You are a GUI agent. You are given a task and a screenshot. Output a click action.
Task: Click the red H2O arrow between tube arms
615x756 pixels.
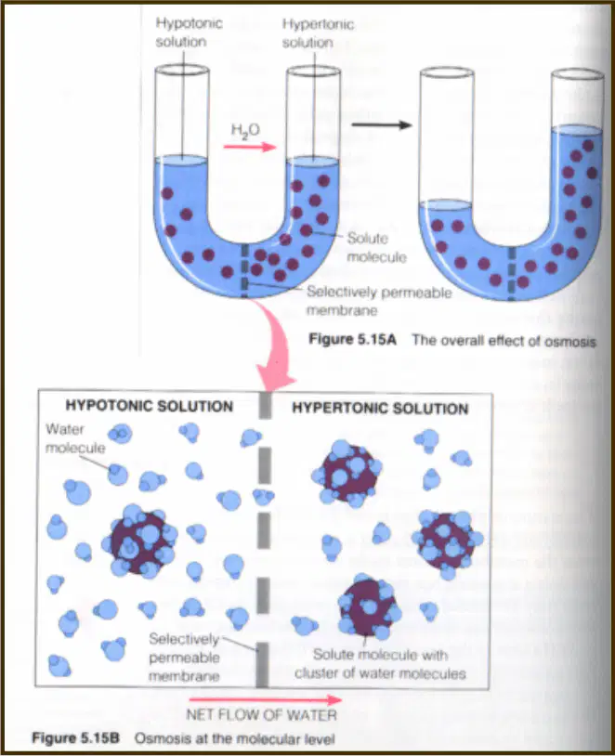pyautogui.click(x=250, y=147)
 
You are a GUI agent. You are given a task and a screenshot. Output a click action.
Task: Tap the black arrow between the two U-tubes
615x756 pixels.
pyautogui.click(x=382, y=124)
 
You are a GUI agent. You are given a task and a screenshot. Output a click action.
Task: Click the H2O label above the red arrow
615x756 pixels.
pyautogui.click(x=245, y=130)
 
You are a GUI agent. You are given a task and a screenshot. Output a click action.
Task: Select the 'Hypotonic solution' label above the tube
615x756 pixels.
pyautogui.click(x=189, y=33)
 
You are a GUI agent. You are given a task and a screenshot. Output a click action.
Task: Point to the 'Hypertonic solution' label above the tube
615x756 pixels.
pyautogui.click(x=318, y=33)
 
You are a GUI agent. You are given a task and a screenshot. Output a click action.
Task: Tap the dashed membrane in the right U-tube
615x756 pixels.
pyautogui.click(x=512, y=273)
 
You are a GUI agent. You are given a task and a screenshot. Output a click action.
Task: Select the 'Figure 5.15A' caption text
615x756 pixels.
pyautogui.click(x=353, y=339)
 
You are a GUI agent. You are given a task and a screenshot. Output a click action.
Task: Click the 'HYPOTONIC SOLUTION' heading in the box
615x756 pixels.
pyautogui.click(x=149, y=406)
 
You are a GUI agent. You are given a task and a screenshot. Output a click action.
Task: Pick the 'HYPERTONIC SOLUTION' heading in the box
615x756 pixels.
pyautogui.click(x=380, y=409)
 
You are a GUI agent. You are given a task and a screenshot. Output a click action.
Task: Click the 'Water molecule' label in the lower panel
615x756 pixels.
pyautogui.click(x=75, y=438)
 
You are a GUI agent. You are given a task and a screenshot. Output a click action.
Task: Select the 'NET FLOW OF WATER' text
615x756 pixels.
pyautogui.click(x=261, y=714)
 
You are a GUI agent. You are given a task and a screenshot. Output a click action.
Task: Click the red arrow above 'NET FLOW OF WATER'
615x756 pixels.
pyautogui.click(x=266, y=699)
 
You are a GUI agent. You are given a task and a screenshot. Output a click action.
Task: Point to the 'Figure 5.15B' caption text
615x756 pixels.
pyautogui.click(x=76, y=738)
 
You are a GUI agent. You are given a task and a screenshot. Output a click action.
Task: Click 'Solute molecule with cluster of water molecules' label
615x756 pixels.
pyautogui.click(x=380, y=664)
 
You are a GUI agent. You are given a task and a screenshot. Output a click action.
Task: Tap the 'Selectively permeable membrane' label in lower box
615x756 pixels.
pyautogui.click(x=184, y=658)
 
